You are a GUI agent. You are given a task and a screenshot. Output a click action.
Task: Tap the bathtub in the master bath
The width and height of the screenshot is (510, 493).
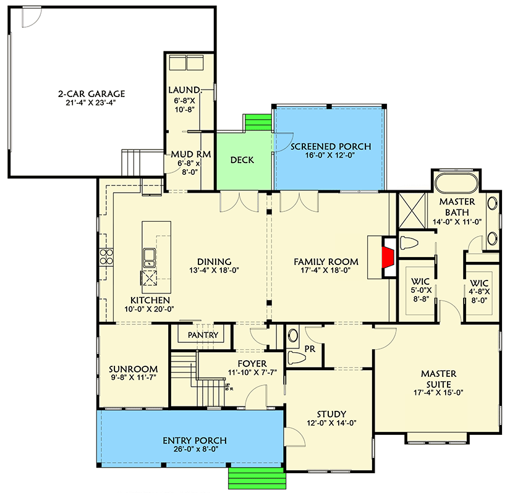456,183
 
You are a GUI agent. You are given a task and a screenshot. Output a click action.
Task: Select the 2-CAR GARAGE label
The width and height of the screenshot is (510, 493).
91,94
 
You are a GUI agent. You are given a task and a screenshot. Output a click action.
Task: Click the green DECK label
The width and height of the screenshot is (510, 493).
242,160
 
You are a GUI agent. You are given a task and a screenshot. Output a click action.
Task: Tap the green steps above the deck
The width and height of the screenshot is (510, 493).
257,122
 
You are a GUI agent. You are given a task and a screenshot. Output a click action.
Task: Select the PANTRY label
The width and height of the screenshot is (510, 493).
203,335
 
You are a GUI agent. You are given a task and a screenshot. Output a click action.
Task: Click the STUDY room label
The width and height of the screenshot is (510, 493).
332,414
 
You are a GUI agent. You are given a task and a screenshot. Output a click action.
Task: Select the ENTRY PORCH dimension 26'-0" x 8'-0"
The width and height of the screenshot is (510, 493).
194,450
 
